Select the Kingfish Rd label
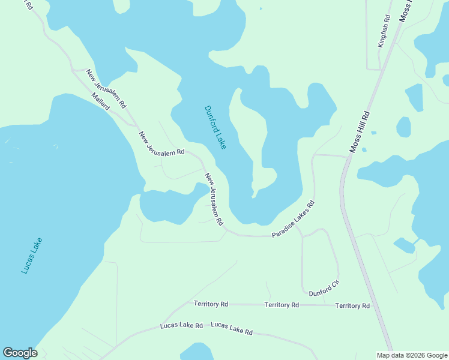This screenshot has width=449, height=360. coord(384,32)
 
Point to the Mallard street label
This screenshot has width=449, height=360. coord(101,101)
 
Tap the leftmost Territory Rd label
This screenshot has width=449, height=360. coord(211,304)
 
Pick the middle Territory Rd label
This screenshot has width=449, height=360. coord(282,305)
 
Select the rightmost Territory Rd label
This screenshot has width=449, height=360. coord(352,306)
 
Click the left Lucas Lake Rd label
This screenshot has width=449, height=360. coord(181,326)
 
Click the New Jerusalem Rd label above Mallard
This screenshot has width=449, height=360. coord(106,88)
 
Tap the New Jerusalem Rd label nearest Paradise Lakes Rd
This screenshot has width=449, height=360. coord(214,200)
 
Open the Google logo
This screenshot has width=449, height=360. coord(20,353)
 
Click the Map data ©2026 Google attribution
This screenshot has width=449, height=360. coord(411,355)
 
